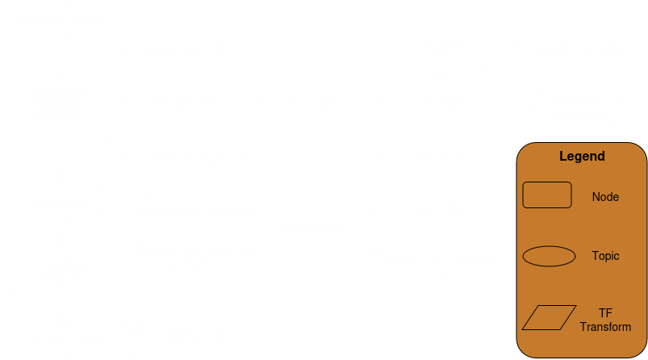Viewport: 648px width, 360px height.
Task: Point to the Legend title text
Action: pos(582,157)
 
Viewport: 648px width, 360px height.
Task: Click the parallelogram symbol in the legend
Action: pos(547,318)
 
